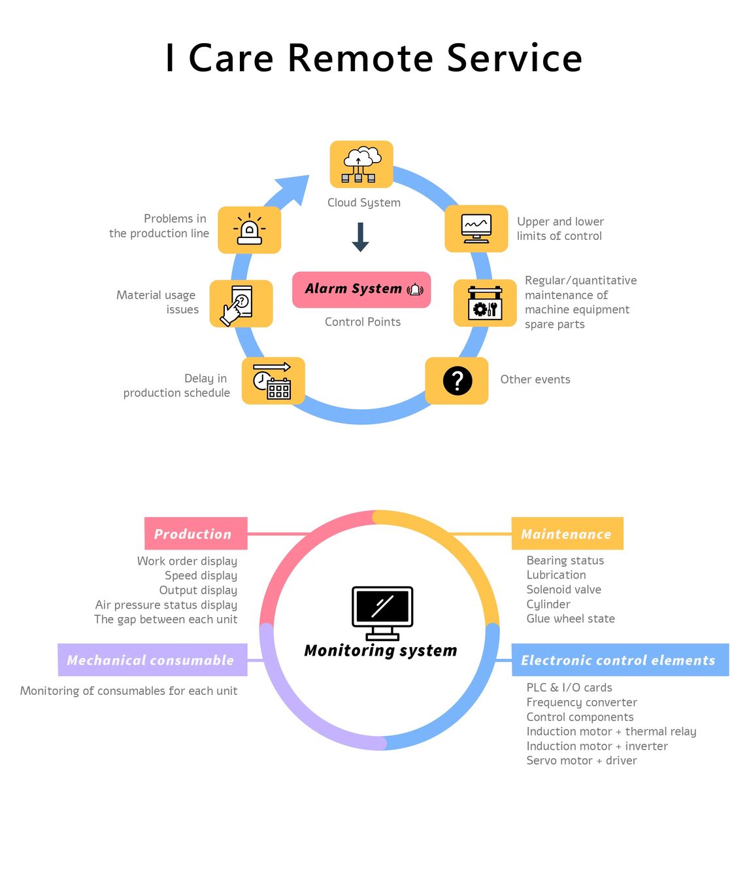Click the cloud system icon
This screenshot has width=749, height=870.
361,164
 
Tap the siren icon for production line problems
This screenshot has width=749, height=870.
249,230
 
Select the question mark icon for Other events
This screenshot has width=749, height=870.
457,380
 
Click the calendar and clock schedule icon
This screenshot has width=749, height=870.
273,380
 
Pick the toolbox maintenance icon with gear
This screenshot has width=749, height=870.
485,303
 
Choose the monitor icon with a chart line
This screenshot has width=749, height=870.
476,229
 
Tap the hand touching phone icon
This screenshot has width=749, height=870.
241,304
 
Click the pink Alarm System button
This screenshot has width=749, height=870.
361,289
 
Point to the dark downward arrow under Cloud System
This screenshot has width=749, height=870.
360,237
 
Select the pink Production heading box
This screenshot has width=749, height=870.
195,533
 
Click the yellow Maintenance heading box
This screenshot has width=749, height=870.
567,533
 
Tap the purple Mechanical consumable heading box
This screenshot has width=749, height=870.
152,660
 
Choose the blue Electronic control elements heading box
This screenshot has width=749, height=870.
619,660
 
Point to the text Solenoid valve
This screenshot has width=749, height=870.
563,590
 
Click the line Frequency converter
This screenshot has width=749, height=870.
582,702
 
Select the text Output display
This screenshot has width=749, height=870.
198,590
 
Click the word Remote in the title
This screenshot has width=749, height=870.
360,58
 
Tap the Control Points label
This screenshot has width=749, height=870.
363,322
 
